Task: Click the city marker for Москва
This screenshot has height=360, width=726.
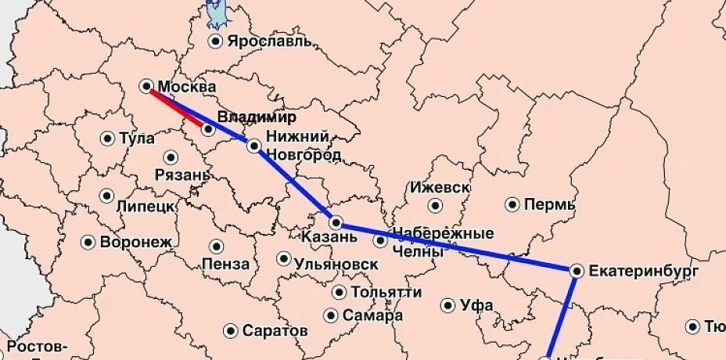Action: (x=146, y=85)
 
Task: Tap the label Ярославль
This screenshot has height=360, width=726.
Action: (x=271, y=41)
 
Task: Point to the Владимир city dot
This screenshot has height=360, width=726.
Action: (x=208, y=129)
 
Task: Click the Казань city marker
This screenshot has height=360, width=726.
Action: (x=335, y=222)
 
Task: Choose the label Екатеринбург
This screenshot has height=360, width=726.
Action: (x=642, y=271)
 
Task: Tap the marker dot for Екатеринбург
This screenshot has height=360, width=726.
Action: (x=577, y=271)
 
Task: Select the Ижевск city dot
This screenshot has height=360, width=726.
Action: (x=435, y=205)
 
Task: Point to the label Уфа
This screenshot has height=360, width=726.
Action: (x=476, y=305)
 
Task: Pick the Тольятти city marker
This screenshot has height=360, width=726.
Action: (x=339, y=292)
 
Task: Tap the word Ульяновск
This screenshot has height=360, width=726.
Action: (x=336, y=264)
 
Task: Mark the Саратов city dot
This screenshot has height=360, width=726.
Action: (x=230, y=331)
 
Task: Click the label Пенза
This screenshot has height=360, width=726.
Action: (x=225, y=264)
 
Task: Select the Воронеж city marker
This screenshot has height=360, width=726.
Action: (x=88, y=242)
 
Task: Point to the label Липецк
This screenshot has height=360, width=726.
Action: (x=145, y=206)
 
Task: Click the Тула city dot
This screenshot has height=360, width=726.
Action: (x=107, y=139)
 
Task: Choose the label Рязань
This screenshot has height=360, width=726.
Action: (x=182, y=174)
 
